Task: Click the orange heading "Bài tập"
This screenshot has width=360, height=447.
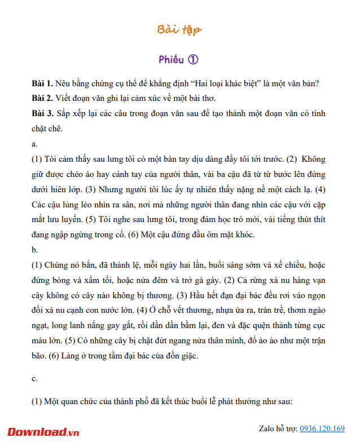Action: [179, 29]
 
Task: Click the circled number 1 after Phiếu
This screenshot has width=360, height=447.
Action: [193, 60]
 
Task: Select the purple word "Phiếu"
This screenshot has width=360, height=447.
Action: [171, 60]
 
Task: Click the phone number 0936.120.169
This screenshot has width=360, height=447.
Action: [322, 428]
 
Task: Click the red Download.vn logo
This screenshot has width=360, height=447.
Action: [43, 432]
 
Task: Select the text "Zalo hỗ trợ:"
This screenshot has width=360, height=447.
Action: [278, 428]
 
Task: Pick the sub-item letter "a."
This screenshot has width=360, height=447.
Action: [35, 144]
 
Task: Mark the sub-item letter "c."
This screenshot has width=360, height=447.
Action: [35, 379]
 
